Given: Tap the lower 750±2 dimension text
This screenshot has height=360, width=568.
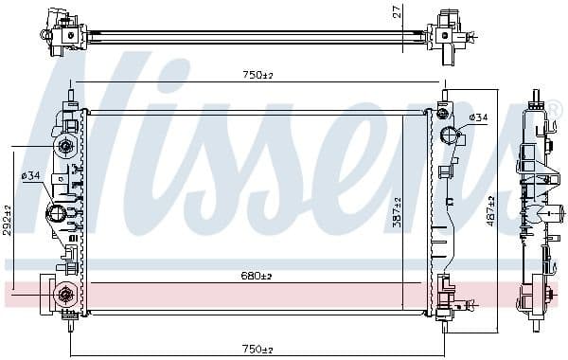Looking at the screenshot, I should pyautogui.click(x=252, y=349).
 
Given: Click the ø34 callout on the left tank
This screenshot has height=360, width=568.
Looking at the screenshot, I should pyautogui.click(x=31, y=174).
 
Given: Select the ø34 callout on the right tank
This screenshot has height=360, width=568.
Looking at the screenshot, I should pyautogui.click(x=478, y=117).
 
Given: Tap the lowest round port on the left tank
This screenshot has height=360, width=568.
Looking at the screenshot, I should pyautogui.click(x=65, y=295).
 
